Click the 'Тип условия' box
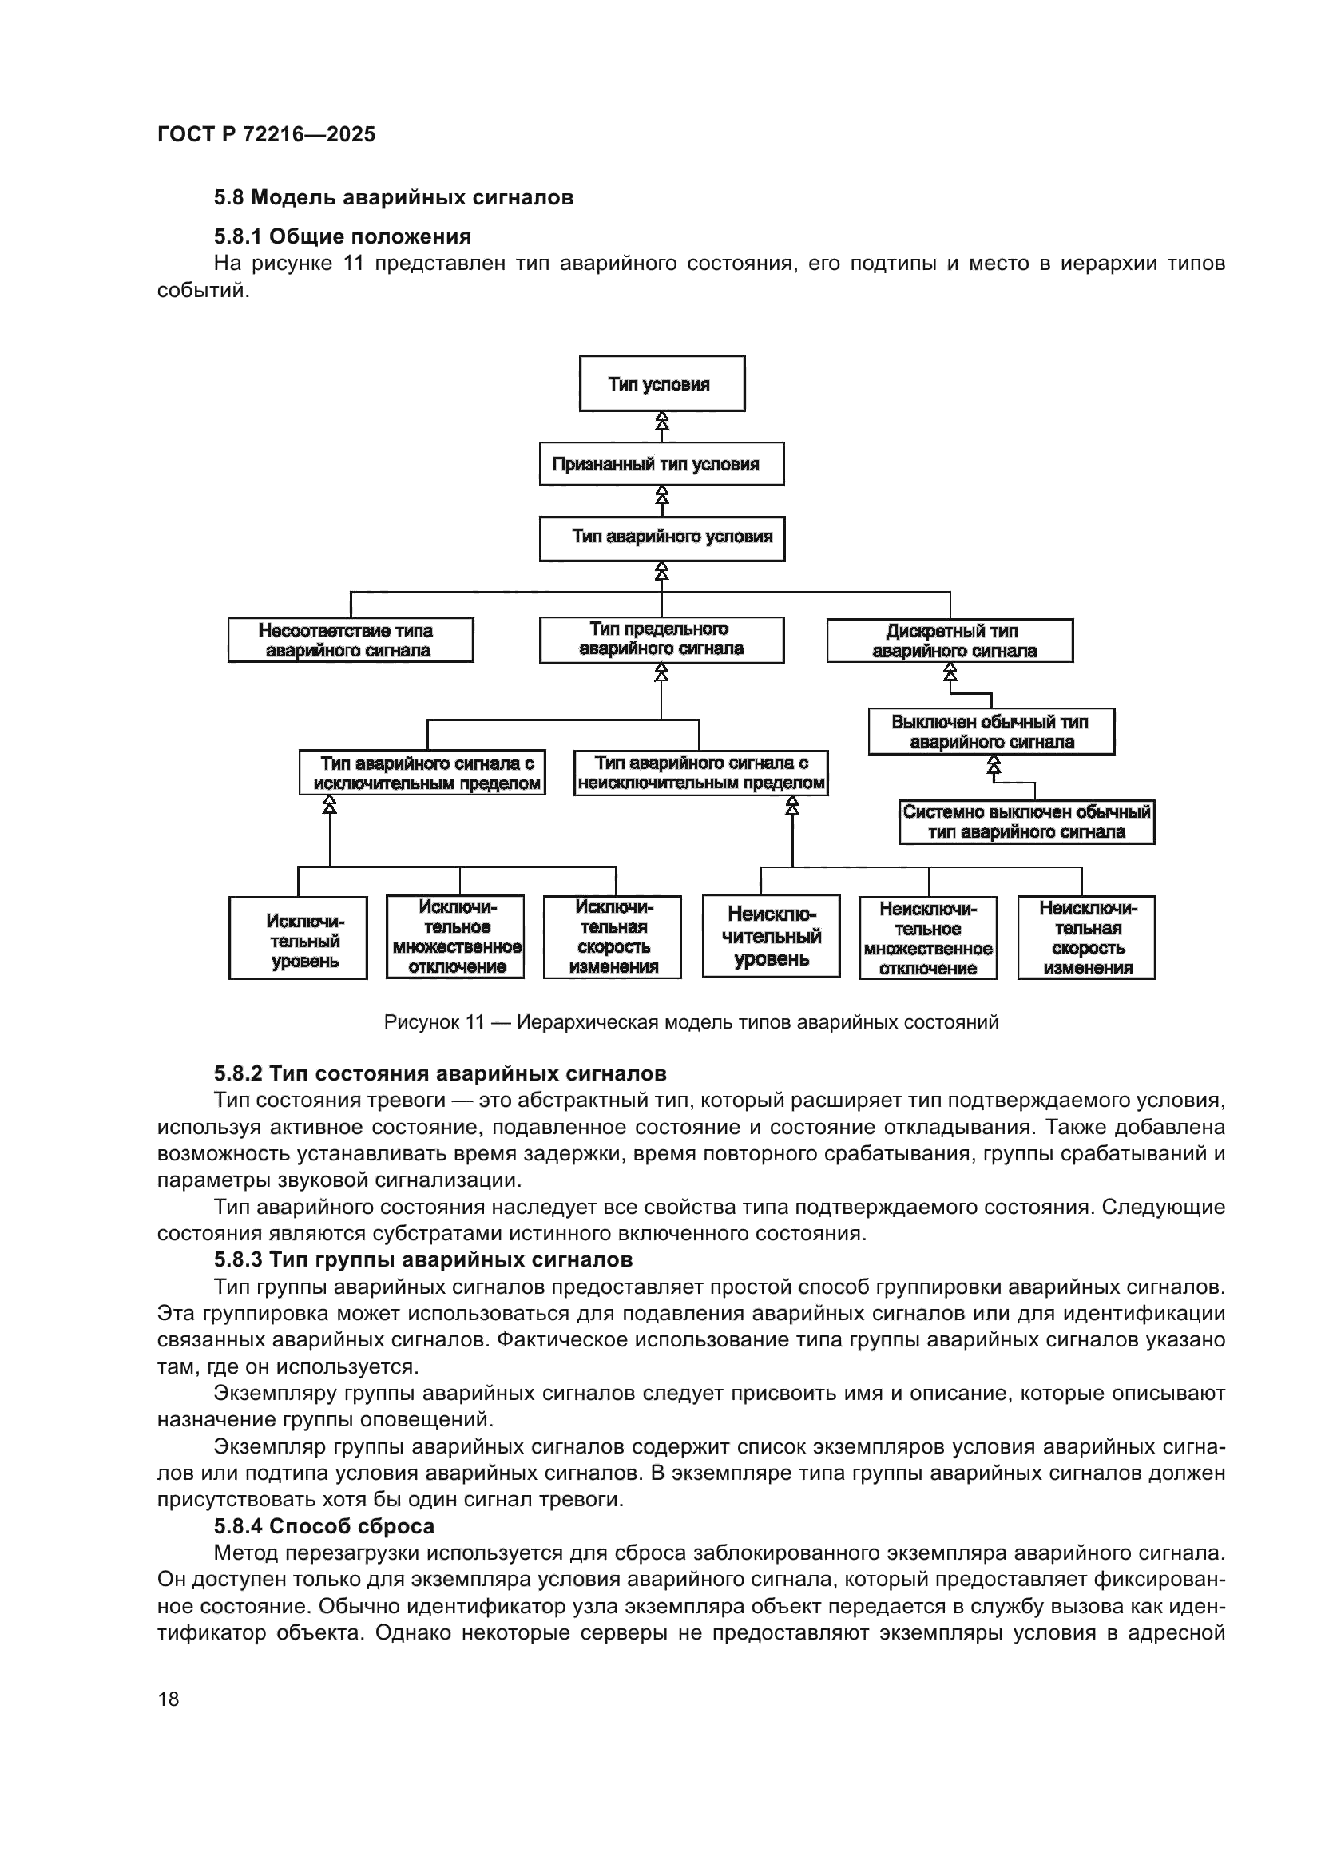[x=661, y=384]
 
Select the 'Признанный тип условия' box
[x=661, y=464]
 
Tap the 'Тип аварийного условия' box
[x=661, y=537]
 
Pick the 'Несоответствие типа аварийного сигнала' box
[x=351, y=641]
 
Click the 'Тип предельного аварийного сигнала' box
[x=661, y=640]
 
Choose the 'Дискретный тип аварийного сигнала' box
[x=950, y=641]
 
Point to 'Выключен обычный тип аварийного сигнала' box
[x=990, y=732]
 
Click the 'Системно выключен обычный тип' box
[x=1025, y=822]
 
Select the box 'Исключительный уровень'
[x=298, y=938]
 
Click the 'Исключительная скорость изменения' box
[x=613, y=938]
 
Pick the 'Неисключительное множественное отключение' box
[x=927, y=938]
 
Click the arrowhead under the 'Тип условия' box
[x=662, y=422]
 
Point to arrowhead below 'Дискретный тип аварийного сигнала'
[x=950, y=672]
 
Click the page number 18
[x=169, y=1699]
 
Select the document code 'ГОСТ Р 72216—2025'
[x=266, y=134]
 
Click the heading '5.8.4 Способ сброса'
[x=323, y=1526]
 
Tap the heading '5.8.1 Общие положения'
[x=343, y=236]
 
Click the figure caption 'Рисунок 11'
[x=691, y=1022]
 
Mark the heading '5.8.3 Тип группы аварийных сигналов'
[x=423, y=1260]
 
